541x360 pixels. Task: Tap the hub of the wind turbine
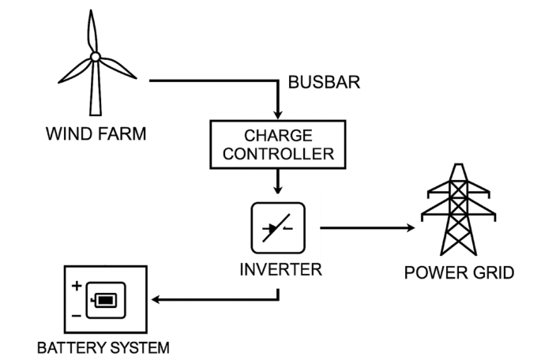coord(95,56)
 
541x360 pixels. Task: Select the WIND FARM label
coord(96,133)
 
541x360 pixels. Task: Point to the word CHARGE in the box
coord(279,135)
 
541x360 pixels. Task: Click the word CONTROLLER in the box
coord(279,152)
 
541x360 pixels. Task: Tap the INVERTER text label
coord(281,270)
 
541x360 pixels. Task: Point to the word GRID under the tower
coord(490,274)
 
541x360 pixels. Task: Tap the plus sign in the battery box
coord(77,286)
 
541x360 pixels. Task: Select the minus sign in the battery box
coord(77,315)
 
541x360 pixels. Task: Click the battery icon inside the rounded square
coord(104,301)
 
